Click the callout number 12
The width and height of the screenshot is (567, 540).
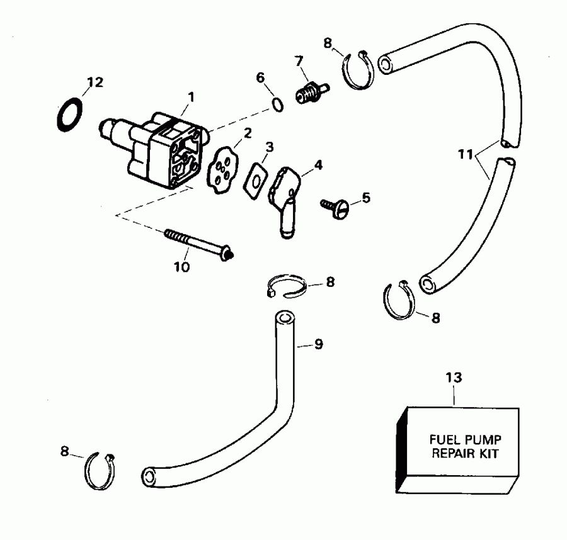coord(94,82)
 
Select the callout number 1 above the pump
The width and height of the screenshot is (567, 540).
coord(191,98)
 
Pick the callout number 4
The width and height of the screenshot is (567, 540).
coord(318,166)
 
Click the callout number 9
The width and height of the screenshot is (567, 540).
coord(319,344)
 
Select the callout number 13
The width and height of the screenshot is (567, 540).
coord(454,378)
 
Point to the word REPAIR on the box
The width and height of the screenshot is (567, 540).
coord(448,453)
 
